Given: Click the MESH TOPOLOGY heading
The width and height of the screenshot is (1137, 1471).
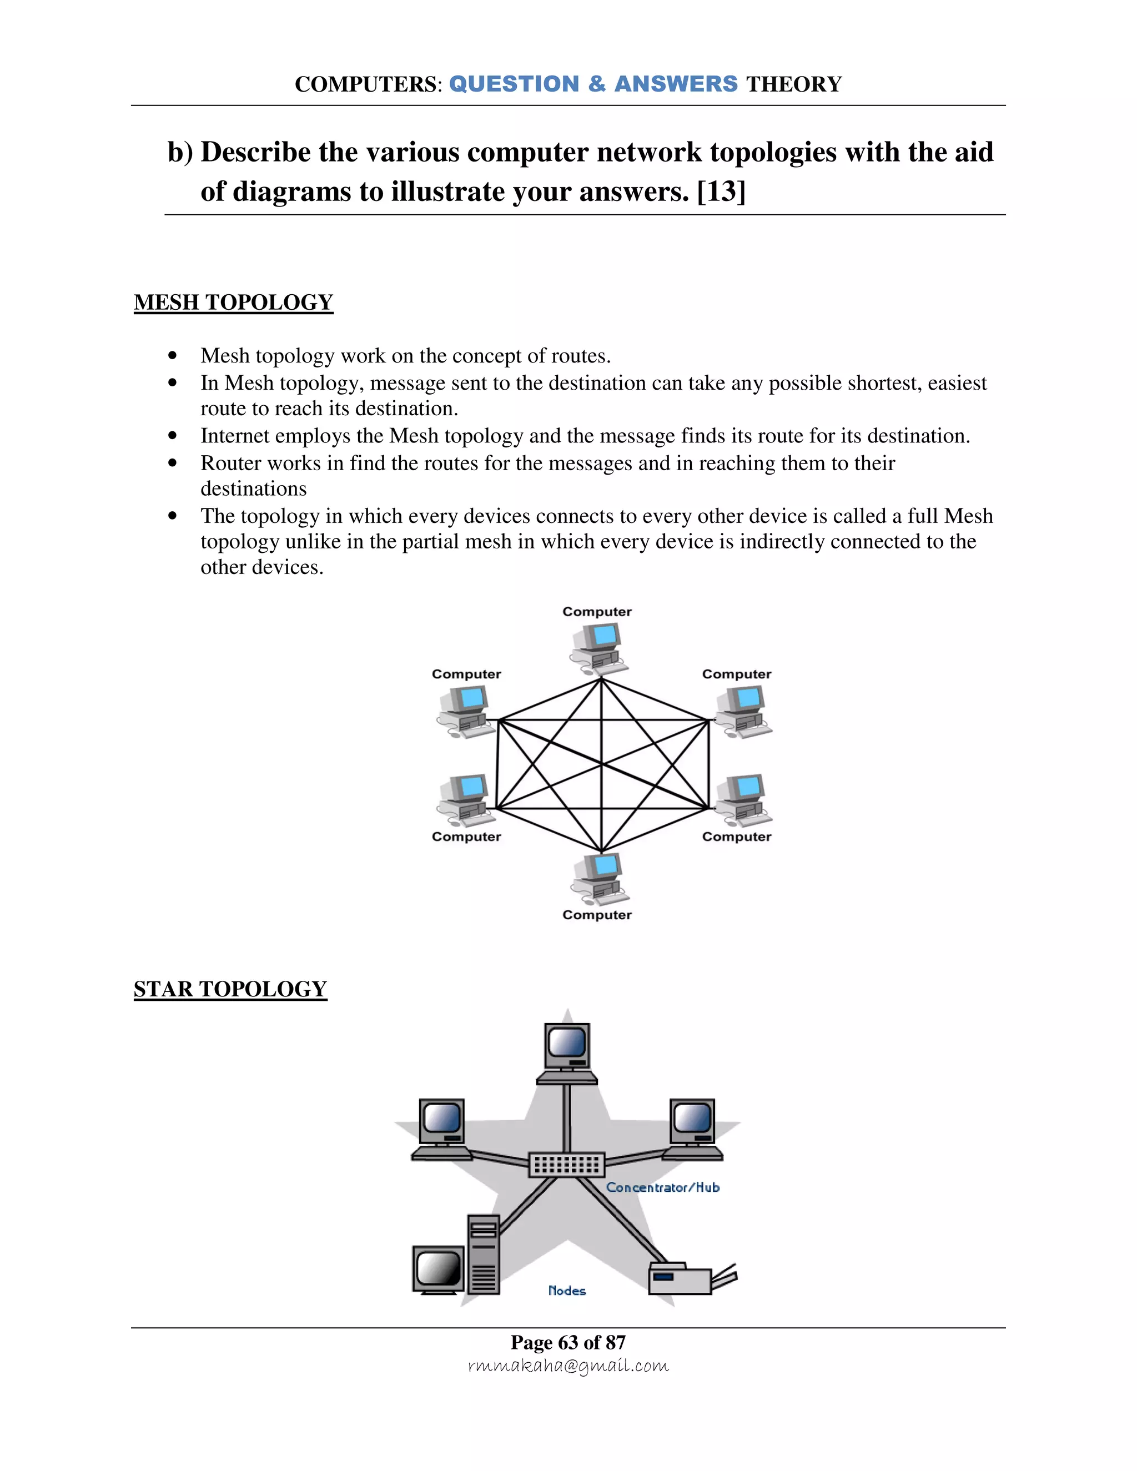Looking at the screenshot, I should tap(233, 303).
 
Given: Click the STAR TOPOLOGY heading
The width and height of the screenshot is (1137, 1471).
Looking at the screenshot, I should tap(230, 989).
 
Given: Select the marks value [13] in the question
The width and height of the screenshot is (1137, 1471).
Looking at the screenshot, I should tap(721, 192).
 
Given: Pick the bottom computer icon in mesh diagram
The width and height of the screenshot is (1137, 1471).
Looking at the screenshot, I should tap(600, 879).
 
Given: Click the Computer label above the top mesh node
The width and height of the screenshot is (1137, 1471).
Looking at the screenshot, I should tap(597, 612).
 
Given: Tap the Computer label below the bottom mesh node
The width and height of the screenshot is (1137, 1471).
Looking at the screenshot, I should tap(597, 915).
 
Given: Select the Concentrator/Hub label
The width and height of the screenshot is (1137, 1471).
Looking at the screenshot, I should tap(663, 1187).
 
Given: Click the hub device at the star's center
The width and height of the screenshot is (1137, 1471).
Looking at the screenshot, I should tap(566, 1165).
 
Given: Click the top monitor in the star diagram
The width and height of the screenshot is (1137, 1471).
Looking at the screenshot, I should tap(567, 1052).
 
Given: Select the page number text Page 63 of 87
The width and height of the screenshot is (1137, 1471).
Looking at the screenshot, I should tap(568, 1342).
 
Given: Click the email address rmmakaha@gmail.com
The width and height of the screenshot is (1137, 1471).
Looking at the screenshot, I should tap(568, 1366).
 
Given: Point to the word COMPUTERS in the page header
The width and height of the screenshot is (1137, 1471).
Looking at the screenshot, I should tap(366, 84).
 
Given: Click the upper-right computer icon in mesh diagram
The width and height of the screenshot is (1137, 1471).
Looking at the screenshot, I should tap(742, 711).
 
